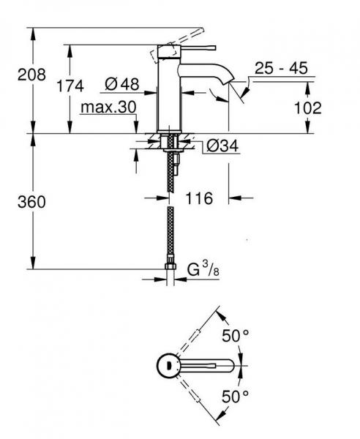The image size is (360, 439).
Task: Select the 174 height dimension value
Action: tap(70, 86)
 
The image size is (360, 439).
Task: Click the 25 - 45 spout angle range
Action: tap(282, 69)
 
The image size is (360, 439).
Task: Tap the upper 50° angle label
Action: tap(236, 337)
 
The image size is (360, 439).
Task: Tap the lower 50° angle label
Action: tap(236, 396)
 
